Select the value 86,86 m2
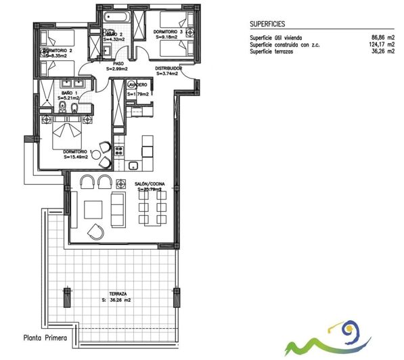coord(383,38)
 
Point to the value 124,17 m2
coord(382,45)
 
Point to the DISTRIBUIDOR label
coord(168,69)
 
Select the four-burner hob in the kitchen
coord(120,150)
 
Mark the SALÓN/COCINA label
coord(150,186)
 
